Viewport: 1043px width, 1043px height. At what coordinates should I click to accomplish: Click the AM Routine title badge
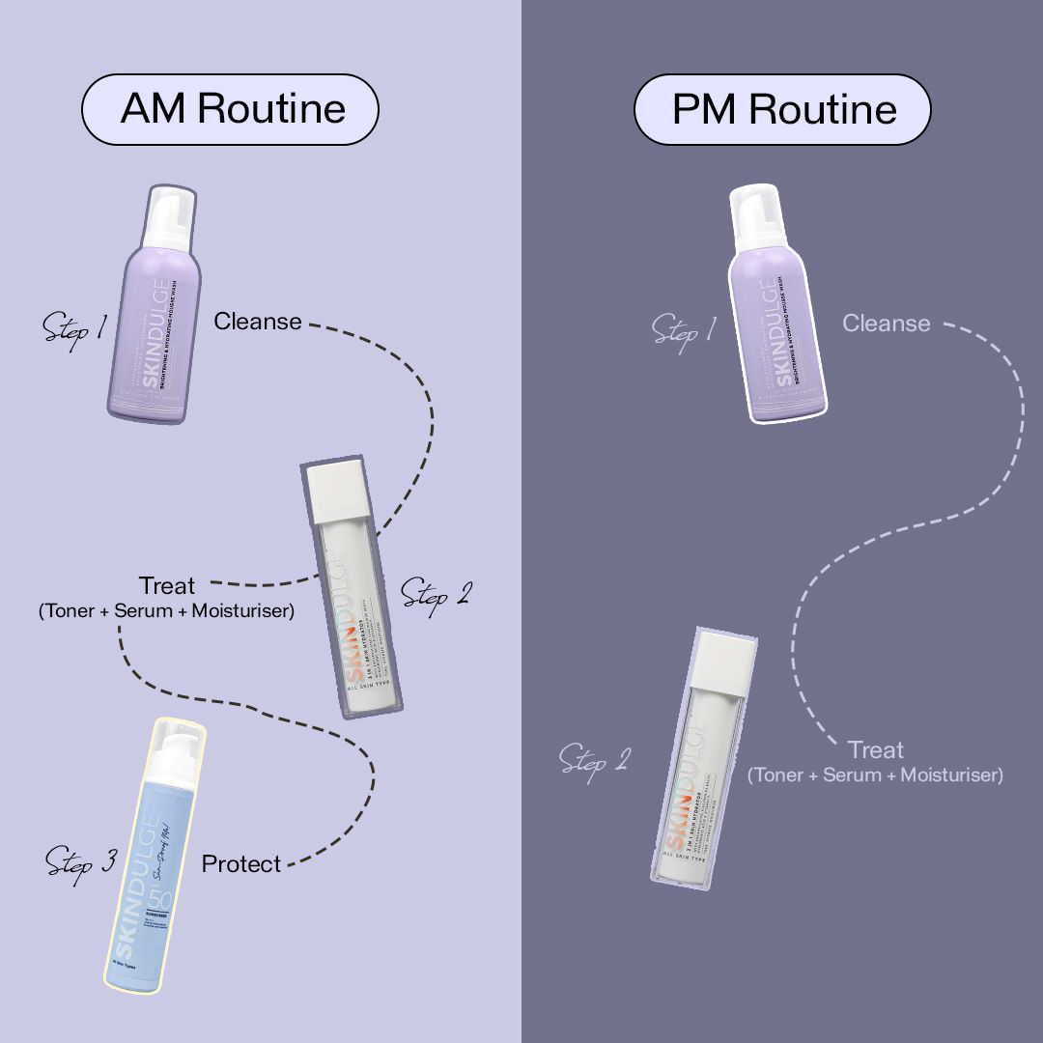click(x=229, y=108)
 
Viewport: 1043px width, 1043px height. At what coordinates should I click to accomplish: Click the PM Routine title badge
click(x=782, y=108)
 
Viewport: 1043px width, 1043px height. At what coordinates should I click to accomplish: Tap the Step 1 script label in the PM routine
click(x=683, y=329)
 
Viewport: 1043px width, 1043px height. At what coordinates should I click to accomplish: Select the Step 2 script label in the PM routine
click(x=594, y=759)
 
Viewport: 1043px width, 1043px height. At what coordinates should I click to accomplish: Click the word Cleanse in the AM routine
click(x=258, y=321)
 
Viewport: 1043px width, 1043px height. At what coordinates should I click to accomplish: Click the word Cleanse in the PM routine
click(x=886, y=323)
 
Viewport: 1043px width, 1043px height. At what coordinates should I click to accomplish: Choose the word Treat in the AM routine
click(x=166, y=585)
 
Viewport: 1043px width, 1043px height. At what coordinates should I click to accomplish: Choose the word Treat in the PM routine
click(x=876, y=749)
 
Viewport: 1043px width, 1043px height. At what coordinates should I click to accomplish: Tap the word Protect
click(x=241, y=863)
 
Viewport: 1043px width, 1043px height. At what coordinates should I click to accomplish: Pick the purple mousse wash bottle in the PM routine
click(x=778, y=319)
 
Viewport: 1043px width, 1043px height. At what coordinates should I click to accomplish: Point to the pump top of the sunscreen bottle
click(x=178, y=743)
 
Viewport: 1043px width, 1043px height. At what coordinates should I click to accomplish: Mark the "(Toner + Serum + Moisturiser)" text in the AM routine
click(x=166, y=610)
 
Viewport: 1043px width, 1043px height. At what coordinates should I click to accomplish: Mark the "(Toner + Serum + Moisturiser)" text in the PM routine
click(x=875, y=775)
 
